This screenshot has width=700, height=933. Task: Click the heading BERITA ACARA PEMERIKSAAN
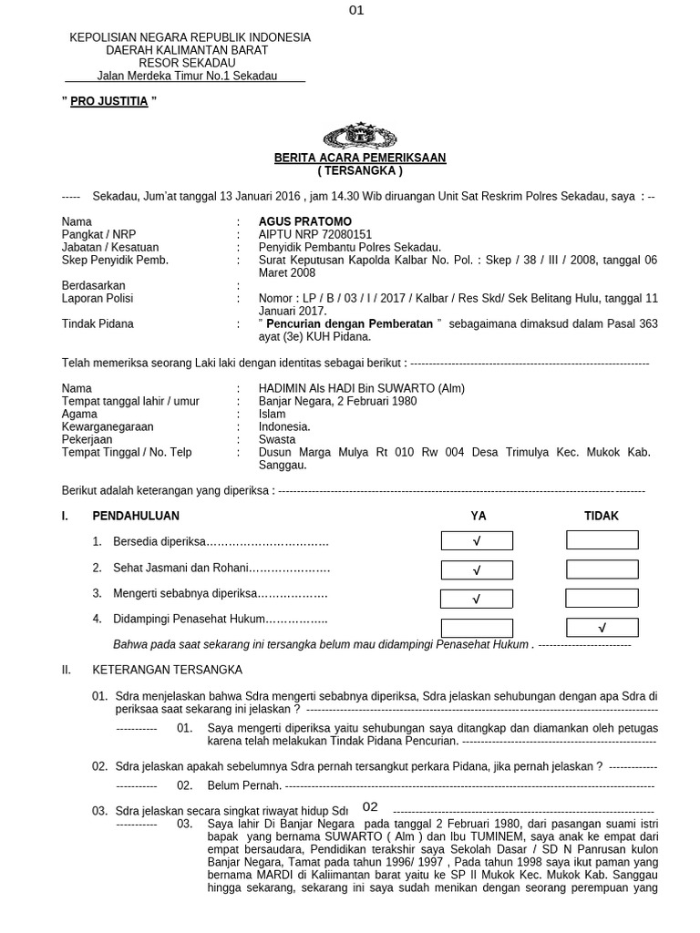[x=360, y=158]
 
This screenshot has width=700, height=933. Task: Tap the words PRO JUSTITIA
[x=110, y=101]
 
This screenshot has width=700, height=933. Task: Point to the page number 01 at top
[x=356, y=11]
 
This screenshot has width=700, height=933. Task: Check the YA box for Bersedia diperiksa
[x=477, y=541]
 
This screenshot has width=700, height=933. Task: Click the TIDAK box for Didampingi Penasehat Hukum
[x=602, y=627]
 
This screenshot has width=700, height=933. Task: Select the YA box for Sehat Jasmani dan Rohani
[x=477, y=569]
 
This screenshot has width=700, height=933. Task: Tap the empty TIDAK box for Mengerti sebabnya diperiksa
[x=602, y=598]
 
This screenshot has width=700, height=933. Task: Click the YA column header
[x=479, y=516]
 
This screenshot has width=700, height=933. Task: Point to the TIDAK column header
[x=602, y=516]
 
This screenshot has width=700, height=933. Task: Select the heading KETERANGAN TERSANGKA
[x=167, y=670]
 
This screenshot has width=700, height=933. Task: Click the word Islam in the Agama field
[x=272, y=414]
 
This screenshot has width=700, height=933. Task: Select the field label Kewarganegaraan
[x=108, y=426]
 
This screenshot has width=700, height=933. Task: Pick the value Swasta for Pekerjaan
[x=277, y=439]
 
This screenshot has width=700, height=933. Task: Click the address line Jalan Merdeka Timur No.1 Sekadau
[x=187, y=76]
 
